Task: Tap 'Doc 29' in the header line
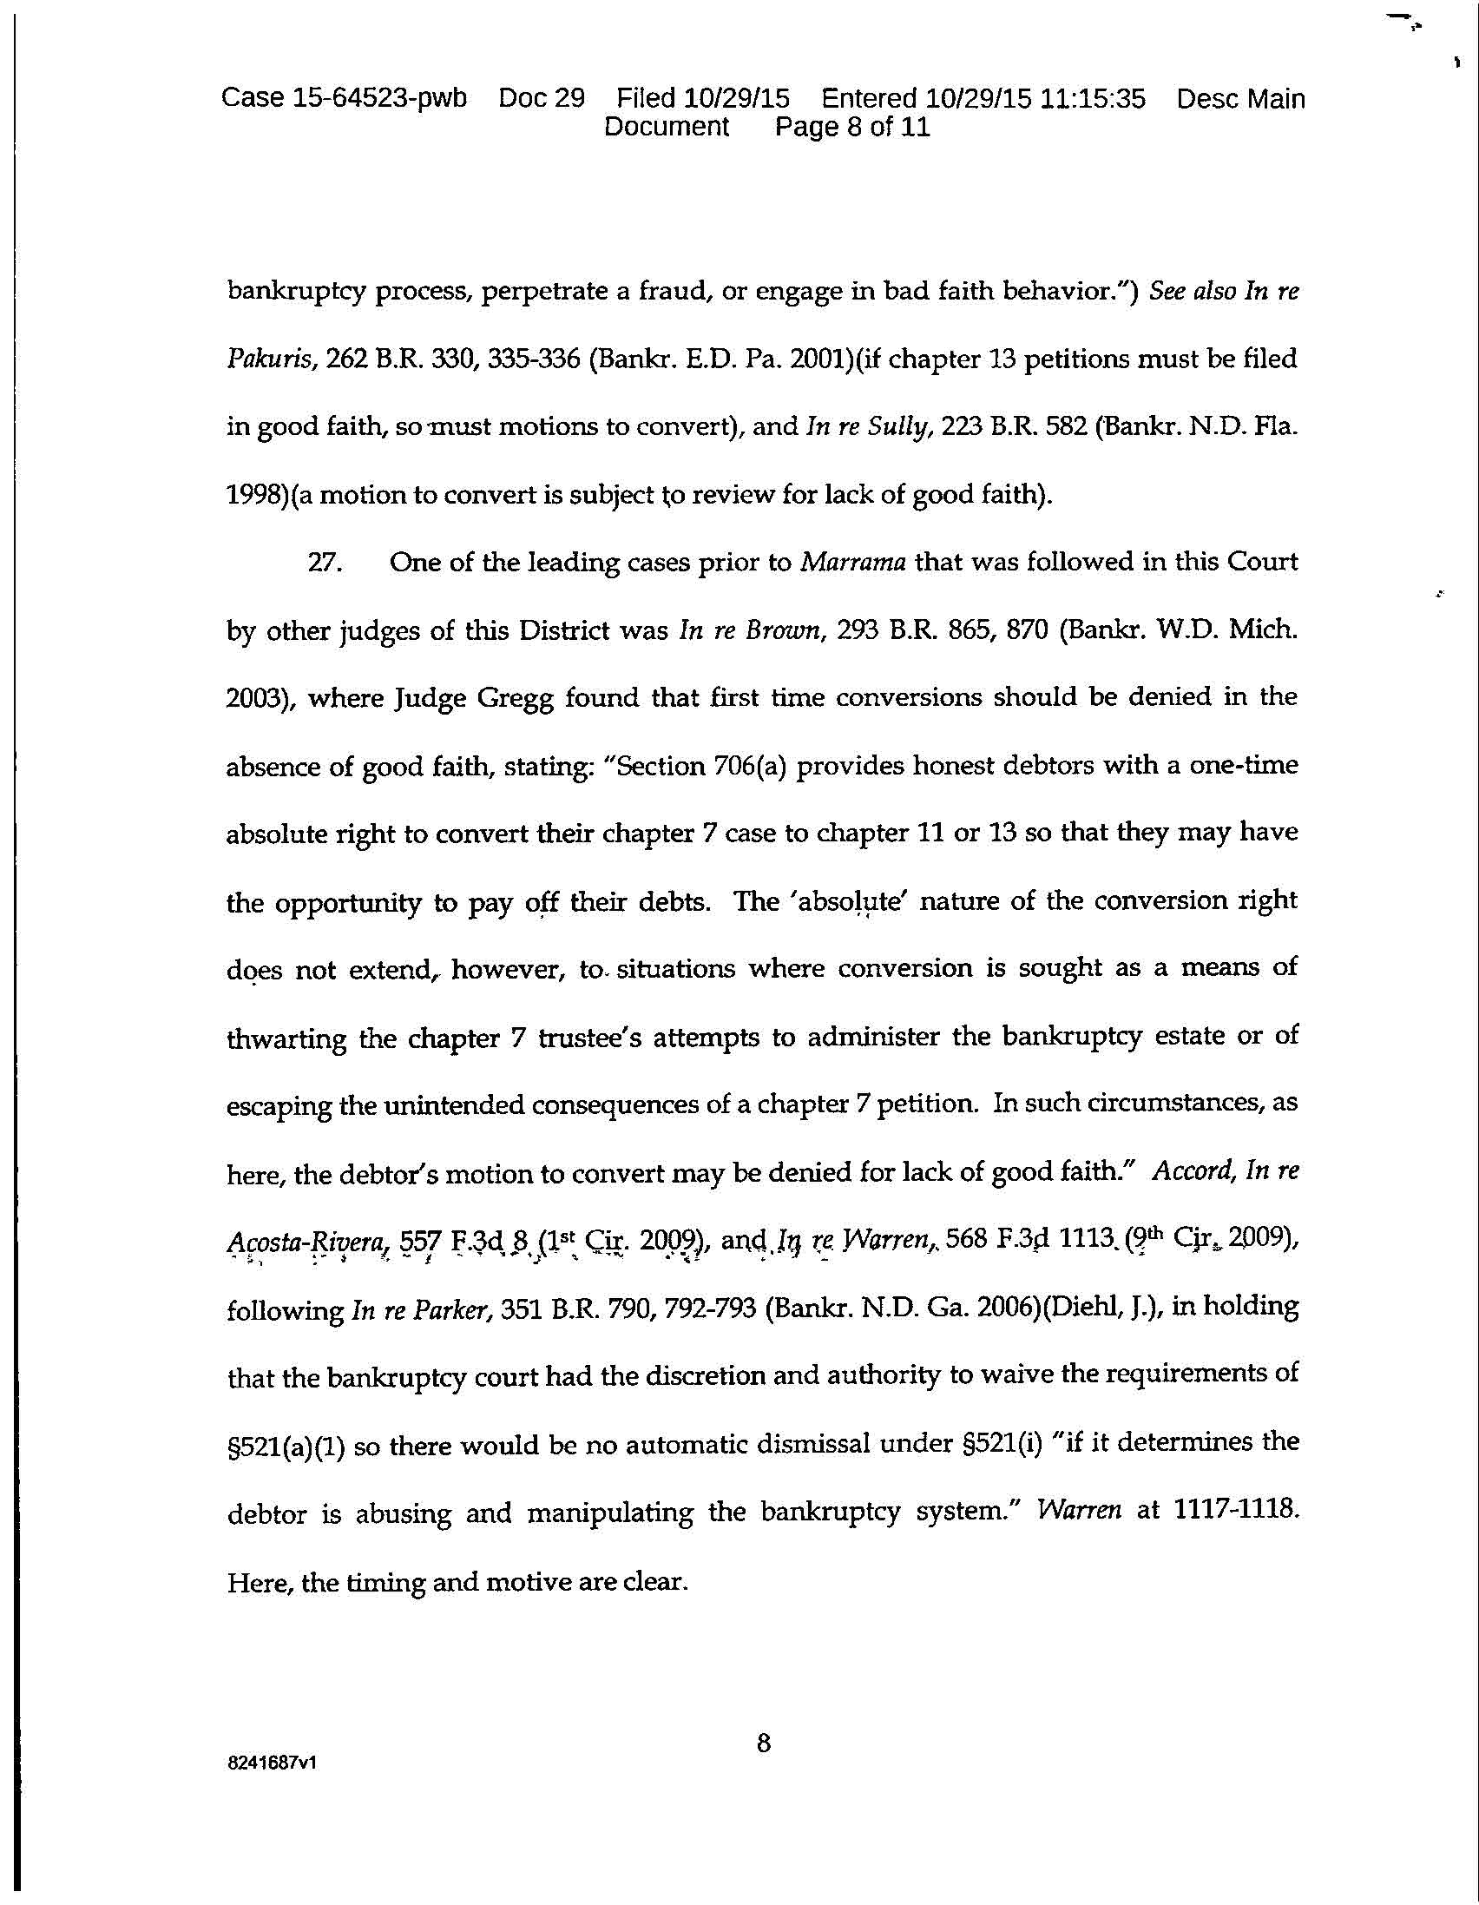coord(541,99)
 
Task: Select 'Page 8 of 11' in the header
coord(852,128)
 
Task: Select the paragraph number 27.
coord(325,563)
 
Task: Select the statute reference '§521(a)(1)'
coord(286,1446)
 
